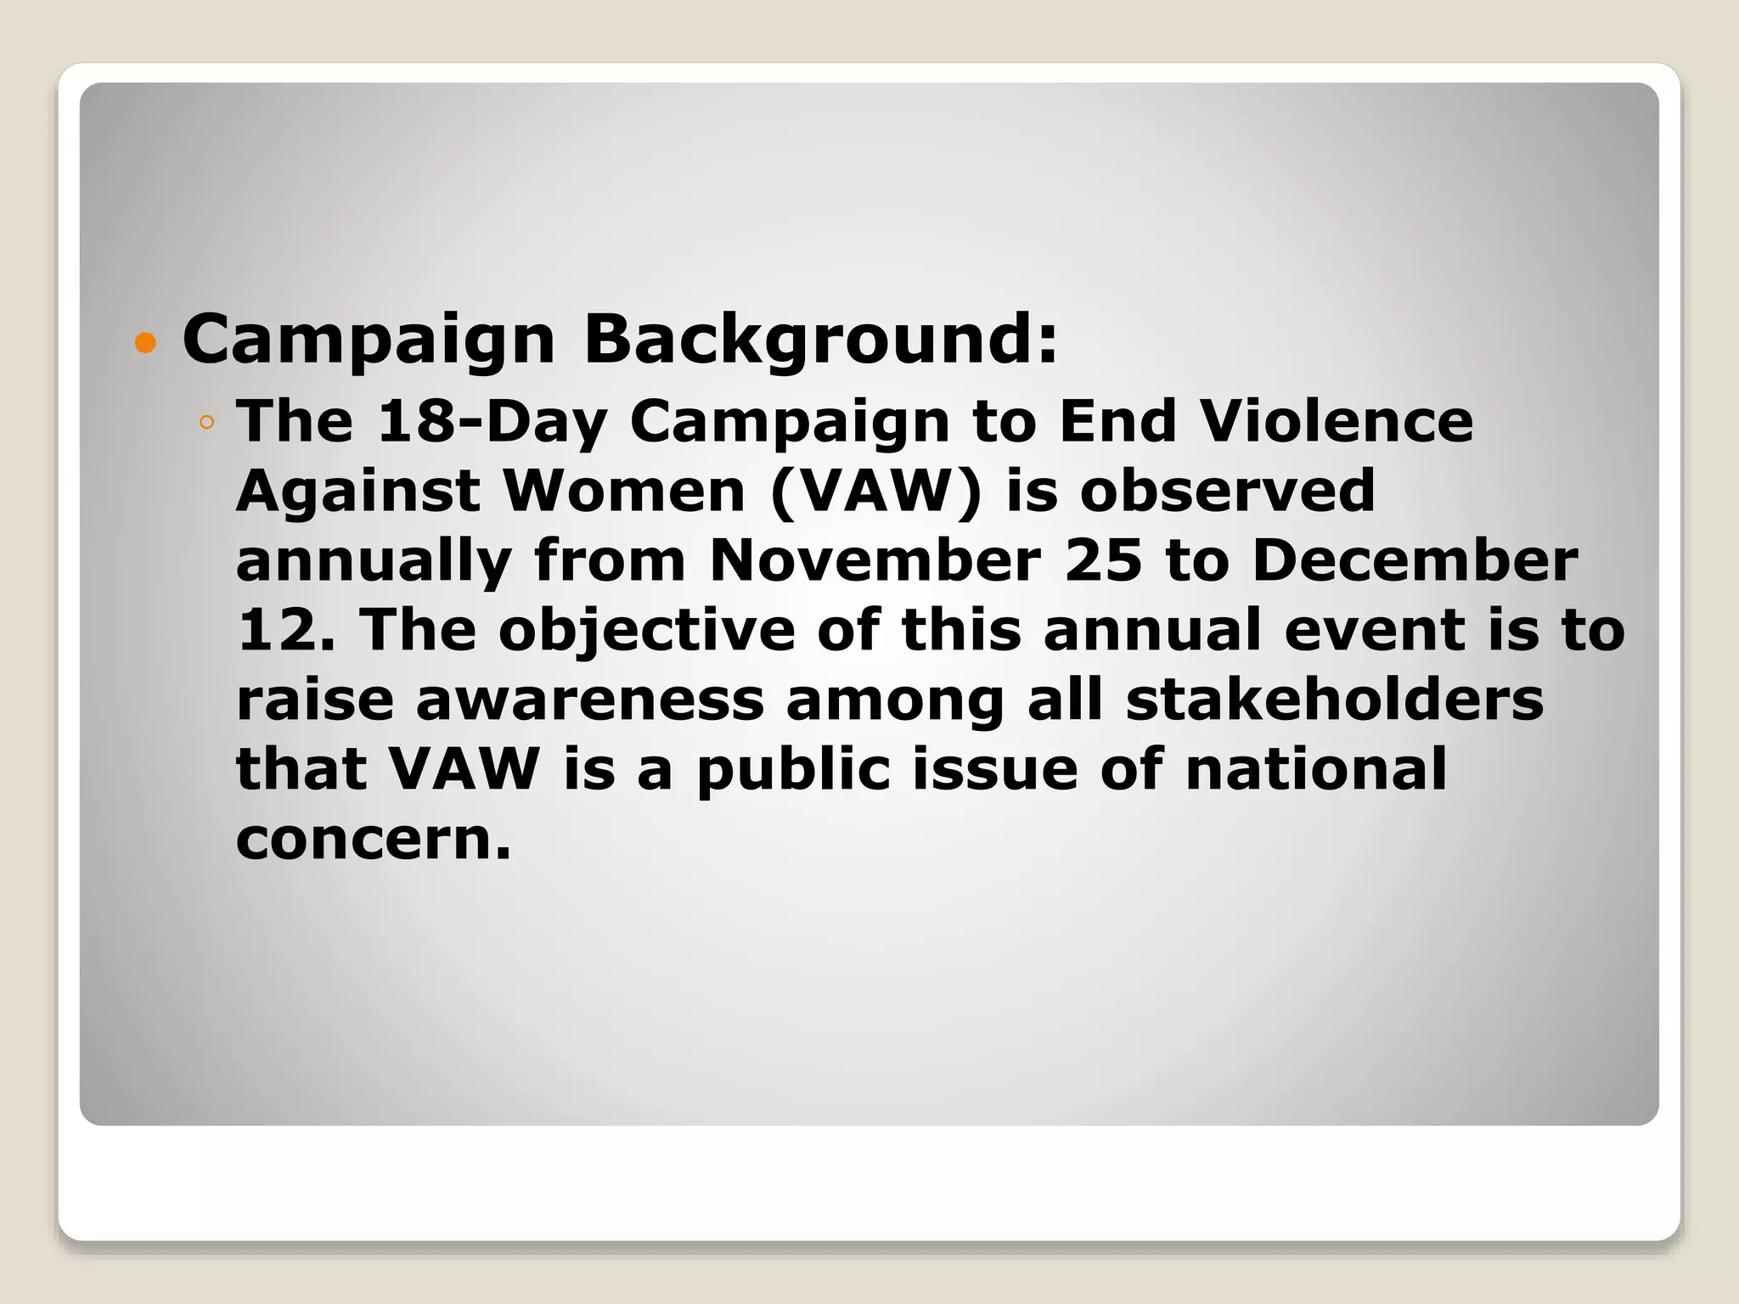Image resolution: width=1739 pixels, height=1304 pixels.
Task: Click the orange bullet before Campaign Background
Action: pos(146,343)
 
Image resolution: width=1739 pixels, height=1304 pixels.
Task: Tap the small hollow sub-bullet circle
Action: pos(206,422)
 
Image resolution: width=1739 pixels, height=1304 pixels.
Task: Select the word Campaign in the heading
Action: pos(369,340)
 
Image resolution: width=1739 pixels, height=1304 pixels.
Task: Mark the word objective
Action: pos(646,632)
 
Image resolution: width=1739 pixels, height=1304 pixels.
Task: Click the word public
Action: pos(793,771)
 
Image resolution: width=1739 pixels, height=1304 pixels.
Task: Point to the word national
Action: pos(1315,769)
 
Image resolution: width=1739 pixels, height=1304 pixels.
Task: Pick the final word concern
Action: pos(373,839)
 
